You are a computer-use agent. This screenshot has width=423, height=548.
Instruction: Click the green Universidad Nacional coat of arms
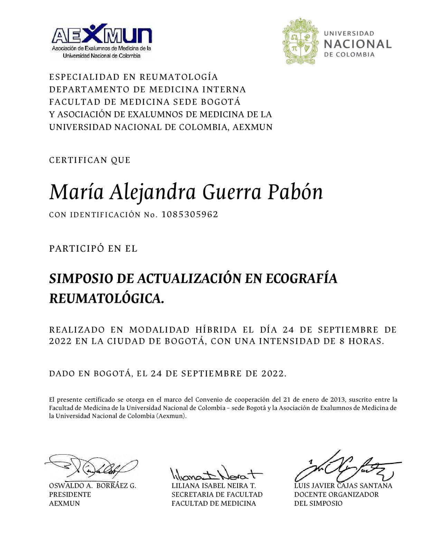click(x=299, y=42)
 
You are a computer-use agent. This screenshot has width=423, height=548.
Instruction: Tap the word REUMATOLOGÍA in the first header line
click(x=179, y=77)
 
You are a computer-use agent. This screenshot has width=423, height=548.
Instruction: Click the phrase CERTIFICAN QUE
click(x=90, y=160)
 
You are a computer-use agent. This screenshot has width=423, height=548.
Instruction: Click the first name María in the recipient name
click(x=76, y=192)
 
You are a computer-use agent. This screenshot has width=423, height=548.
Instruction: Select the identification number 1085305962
click(x=190, y=214)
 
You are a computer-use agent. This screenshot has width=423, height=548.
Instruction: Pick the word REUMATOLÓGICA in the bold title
click(x=106, y=299)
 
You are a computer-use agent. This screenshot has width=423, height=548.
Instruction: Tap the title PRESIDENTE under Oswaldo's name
click(x=70, y=495)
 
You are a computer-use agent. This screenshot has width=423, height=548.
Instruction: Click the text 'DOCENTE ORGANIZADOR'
click(x=336, y=495)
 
